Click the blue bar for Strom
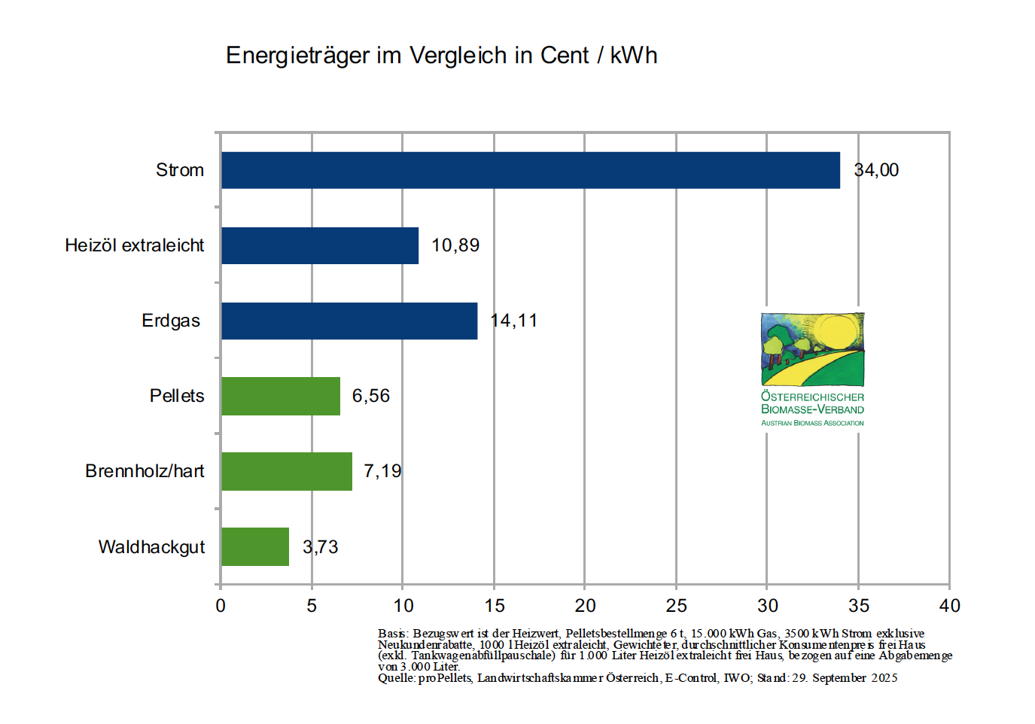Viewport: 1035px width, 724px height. tap(530, 170)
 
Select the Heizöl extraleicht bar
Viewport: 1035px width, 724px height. tap(320, 245)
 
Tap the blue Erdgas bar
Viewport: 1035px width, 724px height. tap(349, 321)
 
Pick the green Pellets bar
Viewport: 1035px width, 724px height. tap(281, 396)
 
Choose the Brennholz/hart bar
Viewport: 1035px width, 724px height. tap(287, 471)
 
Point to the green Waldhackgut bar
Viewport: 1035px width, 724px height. tap(255, 546)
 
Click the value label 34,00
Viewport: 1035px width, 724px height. tap(876, 170)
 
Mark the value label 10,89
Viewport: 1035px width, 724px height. tap(455, 245)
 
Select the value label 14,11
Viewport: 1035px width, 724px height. tap(514, 321)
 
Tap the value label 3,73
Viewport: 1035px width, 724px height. tap(321, 547)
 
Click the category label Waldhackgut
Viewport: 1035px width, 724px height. tap(151, 547)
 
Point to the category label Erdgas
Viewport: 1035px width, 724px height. tap(171, 321)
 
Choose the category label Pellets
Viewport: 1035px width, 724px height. tap(177, 396)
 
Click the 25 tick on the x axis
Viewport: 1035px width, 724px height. tap(676, 606)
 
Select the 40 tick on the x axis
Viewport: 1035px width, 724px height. tap(950, 606)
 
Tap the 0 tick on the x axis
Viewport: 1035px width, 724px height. tap(221, 606)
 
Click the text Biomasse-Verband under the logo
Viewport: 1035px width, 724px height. tap(812, 409)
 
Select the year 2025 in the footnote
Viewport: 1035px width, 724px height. tap(884, 678)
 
